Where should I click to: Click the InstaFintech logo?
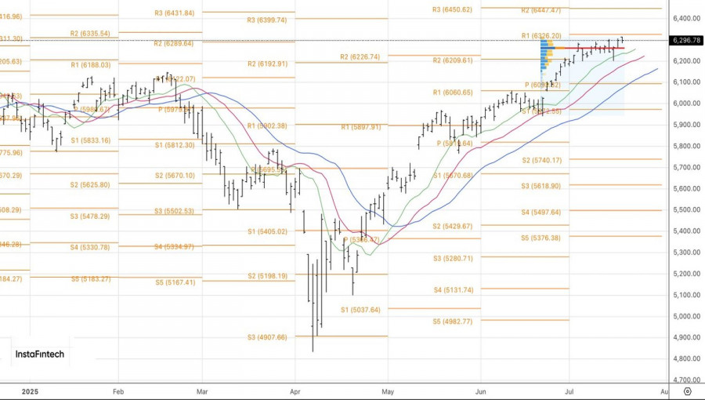click(39, 355)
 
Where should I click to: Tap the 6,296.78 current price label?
click(686, 40)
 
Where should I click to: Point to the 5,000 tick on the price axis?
click(686, 316)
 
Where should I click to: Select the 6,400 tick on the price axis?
click(686, 18)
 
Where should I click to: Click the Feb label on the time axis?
click(118, 391)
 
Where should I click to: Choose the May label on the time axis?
click(387, 391)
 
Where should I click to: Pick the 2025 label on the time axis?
click(30, 391)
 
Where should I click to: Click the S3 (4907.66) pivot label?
click(266, 337)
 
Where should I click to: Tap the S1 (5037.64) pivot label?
click(360, 310)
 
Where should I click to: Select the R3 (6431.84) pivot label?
click(175, 13)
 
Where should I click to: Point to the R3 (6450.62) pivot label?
click(452, 9)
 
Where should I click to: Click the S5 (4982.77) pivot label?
click(453, 322)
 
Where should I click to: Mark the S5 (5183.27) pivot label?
click(89, 278)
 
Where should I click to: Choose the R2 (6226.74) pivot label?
click(360, 57)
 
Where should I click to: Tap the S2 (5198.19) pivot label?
click(266, 276)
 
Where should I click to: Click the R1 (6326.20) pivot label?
click(541, 35)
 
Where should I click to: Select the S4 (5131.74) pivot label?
click(454, 290)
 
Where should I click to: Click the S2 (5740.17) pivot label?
click(542, 161)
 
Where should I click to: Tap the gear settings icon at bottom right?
click(687, 391)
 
